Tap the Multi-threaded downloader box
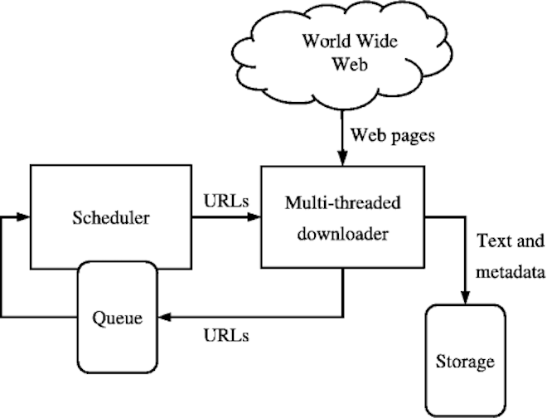tap(343, 217)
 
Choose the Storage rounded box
tap(464, 361)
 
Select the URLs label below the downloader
tap(227, 336)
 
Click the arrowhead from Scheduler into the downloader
tap(254, 219)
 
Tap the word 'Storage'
tap(464, 362)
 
